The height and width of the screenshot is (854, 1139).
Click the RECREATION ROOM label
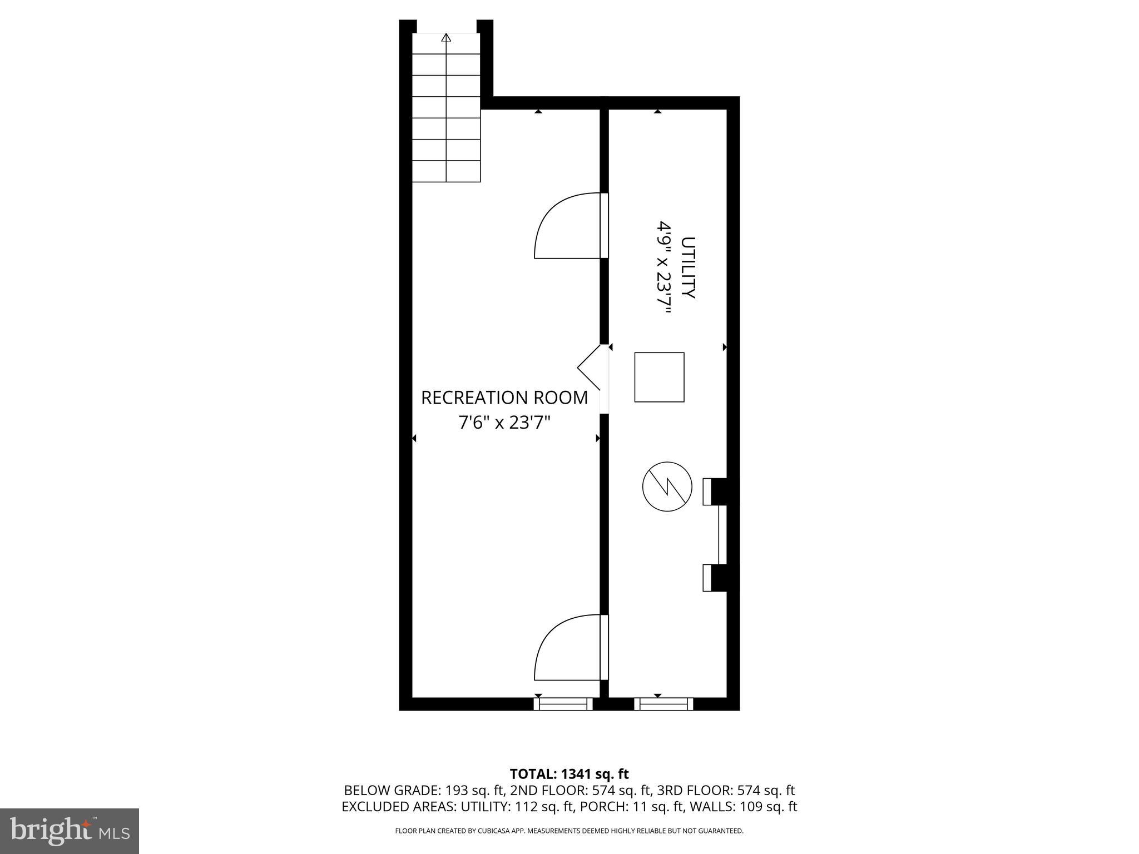504,398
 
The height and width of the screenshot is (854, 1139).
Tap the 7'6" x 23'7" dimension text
504,423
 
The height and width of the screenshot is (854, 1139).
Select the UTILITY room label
689,268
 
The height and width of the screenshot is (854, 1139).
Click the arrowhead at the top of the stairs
446,38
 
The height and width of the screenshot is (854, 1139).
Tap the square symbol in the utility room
659,377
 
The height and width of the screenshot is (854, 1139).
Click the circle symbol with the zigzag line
667,487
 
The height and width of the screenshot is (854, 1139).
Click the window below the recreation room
563,704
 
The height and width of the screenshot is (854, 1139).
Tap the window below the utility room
663,704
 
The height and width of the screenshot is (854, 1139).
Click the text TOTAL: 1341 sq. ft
569,774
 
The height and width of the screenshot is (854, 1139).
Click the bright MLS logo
70,831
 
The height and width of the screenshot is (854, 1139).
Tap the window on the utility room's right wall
722,534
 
